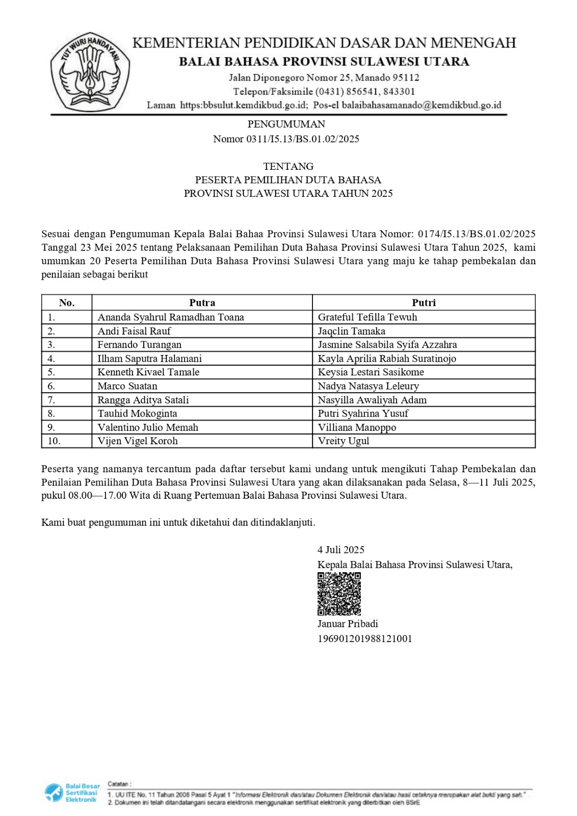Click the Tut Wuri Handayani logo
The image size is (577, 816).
90,71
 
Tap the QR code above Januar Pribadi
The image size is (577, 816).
339,594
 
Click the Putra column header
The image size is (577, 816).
202,302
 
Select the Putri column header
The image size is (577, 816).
424,302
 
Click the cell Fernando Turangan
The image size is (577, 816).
139,345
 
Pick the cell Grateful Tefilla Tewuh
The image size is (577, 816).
367,317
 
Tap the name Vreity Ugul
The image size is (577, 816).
343,441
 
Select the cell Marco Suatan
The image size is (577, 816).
127,386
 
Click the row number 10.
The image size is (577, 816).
54,441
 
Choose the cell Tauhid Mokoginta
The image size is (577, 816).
137,414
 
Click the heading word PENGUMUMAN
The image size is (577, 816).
286,124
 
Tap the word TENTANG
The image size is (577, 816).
288,166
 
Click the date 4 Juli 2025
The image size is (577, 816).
340,550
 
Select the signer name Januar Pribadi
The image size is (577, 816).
348,624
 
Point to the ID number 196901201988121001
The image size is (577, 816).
364,639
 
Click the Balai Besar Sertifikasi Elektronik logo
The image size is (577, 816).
72,793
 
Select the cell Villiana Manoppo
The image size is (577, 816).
357,427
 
